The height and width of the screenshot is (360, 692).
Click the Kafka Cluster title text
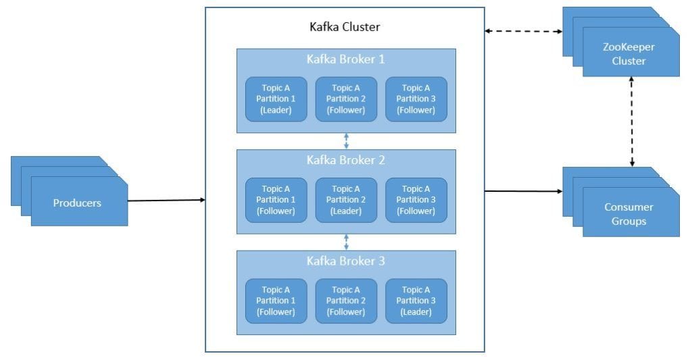[x=345, y=28]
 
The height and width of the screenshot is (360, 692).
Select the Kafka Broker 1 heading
[x=345, y=59]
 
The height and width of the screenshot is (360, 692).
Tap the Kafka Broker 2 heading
[x=345, y=161]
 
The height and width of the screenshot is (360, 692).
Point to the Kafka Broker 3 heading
[x=345, y=261]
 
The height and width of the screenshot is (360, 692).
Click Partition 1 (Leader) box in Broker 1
[x=276, y=99]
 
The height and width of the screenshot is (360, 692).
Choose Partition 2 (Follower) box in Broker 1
[x=346, y=99]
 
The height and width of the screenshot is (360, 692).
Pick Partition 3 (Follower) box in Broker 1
[x=416, y=99]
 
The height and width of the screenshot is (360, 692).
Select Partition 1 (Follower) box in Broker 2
[x=276, y=200]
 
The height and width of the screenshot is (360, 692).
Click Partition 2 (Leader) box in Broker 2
[x=346, y=200]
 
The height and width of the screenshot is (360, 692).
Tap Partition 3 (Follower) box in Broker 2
[x=416, y=200]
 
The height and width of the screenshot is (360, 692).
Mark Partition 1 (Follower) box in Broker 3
[x=276, y=301]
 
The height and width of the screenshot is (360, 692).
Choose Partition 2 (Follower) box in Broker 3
[x=346, y=301]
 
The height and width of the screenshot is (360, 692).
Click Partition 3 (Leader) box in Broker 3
[x=416, y=301]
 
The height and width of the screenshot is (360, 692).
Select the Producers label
[x=78, y=203]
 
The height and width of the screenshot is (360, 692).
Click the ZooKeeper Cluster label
[x=629, y=55]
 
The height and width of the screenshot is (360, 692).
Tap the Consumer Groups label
[x=629, y=214]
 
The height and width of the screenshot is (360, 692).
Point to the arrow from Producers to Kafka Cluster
[x=166, y=200]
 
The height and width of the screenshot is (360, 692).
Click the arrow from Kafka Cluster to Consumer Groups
[x=524, y=191]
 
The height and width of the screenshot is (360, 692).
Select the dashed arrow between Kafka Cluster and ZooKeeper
[x=524, y=31]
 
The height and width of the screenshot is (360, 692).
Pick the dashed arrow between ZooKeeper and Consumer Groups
[x=632, y=122]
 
